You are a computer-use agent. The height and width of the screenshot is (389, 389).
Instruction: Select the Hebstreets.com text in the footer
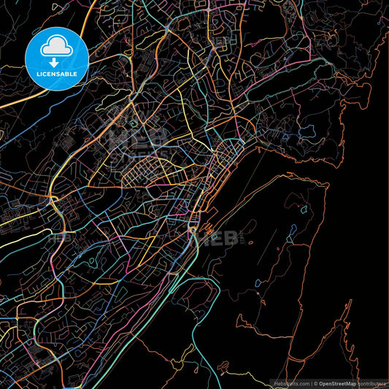[x=290, y=383]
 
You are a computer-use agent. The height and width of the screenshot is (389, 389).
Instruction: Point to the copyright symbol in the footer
[x=315, y=383]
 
